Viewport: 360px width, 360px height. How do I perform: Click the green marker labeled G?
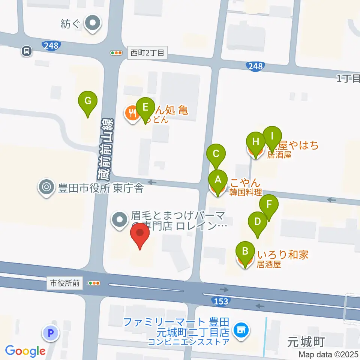pos(88,101)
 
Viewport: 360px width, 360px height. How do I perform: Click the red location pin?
pos(140,234)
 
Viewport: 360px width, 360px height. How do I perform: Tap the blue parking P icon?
pos(51,333)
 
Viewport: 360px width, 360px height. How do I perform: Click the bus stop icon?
pos(27,51)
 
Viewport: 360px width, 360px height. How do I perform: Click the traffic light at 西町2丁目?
pos(116,53)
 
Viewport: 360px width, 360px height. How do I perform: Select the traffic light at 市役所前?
pos(93,283)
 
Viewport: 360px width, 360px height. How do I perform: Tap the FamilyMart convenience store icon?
pos(240,330)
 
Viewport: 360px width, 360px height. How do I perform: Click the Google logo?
pos(25,351)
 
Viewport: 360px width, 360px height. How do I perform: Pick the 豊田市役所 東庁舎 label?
pos(100,187)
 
